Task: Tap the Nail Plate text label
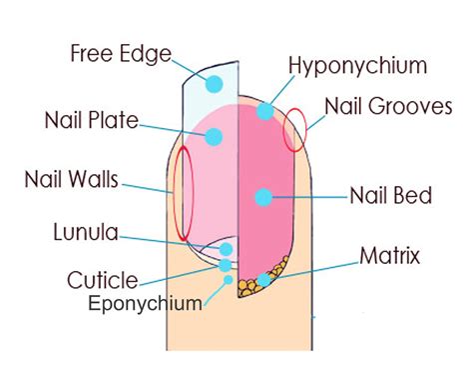point(91,121)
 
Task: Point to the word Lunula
point(86,234)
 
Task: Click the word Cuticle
point(101,279)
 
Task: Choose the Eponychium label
point(143,301)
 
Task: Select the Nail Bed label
point(390,196)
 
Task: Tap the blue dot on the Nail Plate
point(213,137)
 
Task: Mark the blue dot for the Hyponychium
point(264,111)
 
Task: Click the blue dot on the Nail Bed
point(263,197)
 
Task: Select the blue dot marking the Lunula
point(227,249)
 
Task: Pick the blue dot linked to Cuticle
point(225,265)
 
